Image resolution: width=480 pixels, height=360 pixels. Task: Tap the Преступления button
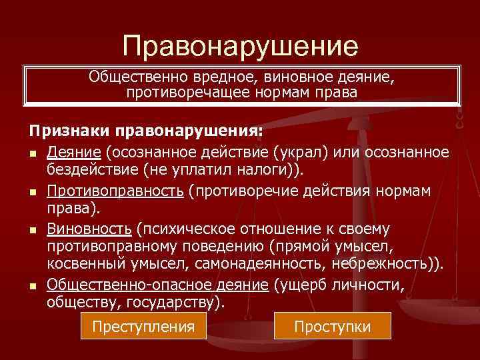pos(143,327)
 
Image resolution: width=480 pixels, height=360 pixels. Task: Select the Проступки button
pos(332,327)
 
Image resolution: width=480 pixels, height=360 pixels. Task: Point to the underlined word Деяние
pos(72,153)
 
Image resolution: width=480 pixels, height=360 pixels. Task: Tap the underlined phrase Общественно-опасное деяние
pos(157,286)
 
